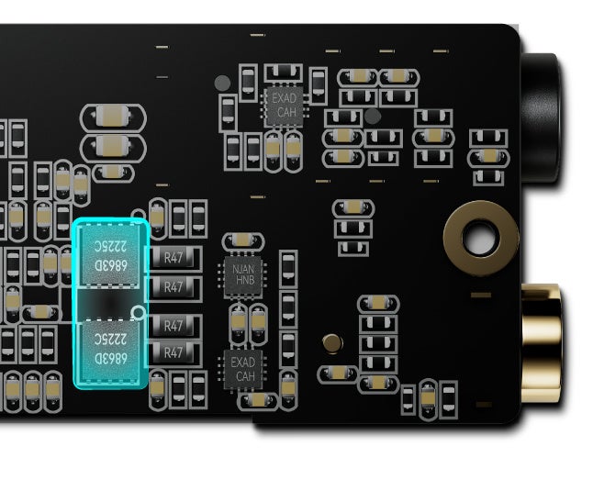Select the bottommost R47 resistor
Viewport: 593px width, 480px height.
point(174,351)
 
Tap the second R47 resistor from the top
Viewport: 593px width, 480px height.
point(174,286)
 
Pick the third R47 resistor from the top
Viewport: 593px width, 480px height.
point(174,324)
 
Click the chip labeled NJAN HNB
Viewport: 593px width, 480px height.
point(242,274)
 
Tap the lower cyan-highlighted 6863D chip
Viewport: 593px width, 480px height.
point(109,347)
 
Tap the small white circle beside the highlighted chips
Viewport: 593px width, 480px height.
point(139,313)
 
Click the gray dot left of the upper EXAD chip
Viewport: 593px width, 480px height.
point(222,83)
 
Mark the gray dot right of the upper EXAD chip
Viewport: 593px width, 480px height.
point(372,116)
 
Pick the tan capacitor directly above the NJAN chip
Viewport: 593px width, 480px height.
point(241,240)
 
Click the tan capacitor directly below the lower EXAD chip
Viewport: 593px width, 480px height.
point(258,400)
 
